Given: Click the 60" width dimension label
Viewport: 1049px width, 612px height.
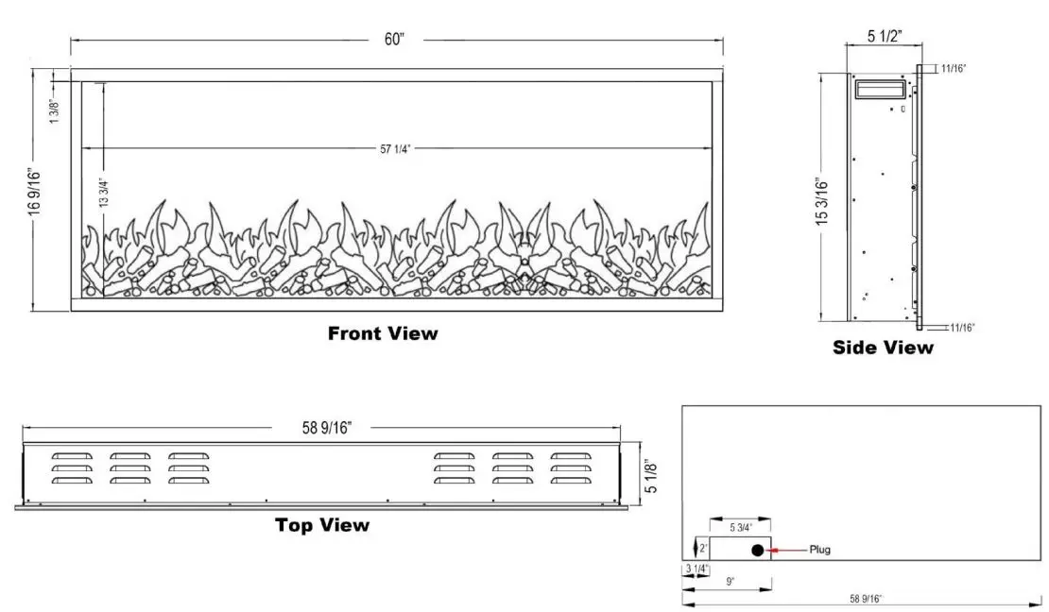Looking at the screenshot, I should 395,39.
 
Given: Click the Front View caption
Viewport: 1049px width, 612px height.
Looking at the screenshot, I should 383,332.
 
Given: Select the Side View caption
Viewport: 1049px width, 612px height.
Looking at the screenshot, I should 883,348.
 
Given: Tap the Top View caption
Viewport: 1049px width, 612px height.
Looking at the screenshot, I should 322,525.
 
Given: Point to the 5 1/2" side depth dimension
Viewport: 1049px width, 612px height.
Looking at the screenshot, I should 885,37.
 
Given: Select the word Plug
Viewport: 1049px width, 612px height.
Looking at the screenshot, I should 819,550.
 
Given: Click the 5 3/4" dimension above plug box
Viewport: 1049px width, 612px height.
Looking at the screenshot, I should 742,526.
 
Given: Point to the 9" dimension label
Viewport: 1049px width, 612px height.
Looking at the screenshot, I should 730,582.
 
